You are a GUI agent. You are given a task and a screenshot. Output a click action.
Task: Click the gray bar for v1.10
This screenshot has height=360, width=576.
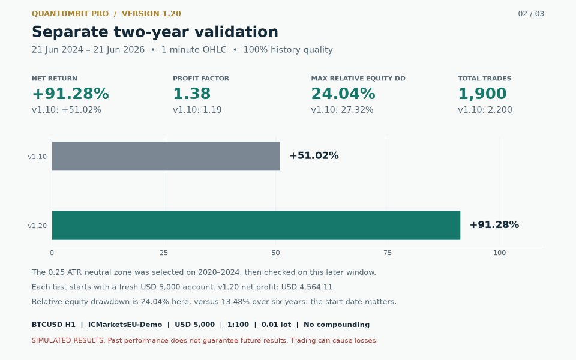pyautogui.click(x=166, y=156)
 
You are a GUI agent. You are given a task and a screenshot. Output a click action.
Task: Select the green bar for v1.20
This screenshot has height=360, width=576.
pyautogui.click(x=256, y=225)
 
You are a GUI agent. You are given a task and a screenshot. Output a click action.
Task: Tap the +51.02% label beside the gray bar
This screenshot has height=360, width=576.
pyautogui.click(x=314, y=156)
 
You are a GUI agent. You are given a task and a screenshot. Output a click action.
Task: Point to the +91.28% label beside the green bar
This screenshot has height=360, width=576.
pyautogui.click(x=494, y=225)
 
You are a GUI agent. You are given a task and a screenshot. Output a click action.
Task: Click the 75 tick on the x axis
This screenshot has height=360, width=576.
pyautogui.click(x=388, y=253)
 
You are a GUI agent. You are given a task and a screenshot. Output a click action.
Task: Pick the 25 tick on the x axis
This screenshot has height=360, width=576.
pyautogui.click(x=164, y=253)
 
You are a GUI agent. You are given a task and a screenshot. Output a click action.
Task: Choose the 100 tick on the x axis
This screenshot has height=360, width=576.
pyautogui.click(x=500, y=253)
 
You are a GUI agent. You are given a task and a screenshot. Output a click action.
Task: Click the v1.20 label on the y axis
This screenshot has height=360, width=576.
pyautogui.click(x=37, y=226)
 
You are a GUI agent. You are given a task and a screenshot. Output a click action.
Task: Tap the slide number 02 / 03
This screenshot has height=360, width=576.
pyautogui.click(x=531, y=14)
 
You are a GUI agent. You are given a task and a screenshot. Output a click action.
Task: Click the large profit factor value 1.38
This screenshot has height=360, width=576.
pyautogui.click(x=192, y=94)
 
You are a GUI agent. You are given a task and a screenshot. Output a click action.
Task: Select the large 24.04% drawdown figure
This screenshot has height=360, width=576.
pyautogui.click(x=343, y=94)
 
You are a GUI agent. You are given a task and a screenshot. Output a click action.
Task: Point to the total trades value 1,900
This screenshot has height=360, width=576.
pyautogui.click(x=482, y=94)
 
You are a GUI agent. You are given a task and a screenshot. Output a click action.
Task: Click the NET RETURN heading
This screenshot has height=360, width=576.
pyautogui.click(x=55, y=78)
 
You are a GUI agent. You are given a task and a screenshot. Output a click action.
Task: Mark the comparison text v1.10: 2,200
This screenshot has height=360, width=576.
pyautogui.click(x=485, y=110)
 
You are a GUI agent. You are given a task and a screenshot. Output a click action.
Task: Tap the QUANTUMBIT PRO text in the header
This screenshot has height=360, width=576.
pyautogui.click(x=70, y=14)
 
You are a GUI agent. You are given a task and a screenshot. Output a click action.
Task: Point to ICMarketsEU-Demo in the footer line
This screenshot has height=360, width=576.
pyautogui.click(x=125, y=325)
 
